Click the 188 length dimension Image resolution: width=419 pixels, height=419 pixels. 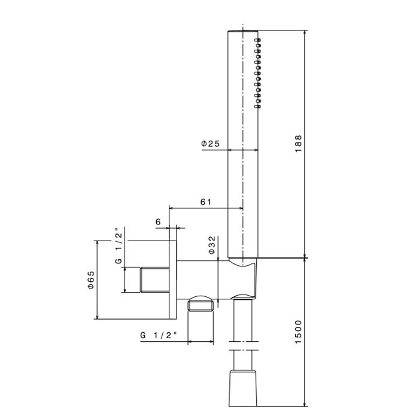click(299, 143)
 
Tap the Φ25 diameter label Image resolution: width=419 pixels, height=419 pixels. click(211, 144)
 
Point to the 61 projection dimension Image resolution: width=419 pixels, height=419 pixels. click(205, 202)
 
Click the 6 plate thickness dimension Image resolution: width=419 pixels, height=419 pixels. click(158, 222)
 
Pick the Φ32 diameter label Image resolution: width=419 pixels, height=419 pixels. click(212, 245)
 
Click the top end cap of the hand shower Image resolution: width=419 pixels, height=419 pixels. click(243, 28)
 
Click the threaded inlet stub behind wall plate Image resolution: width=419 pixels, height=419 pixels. click(154, 280)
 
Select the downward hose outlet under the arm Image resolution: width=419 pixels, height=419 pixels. click(201, 305)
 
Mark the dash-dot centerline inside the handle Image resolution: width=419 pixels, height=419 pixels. click(243, 180)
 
